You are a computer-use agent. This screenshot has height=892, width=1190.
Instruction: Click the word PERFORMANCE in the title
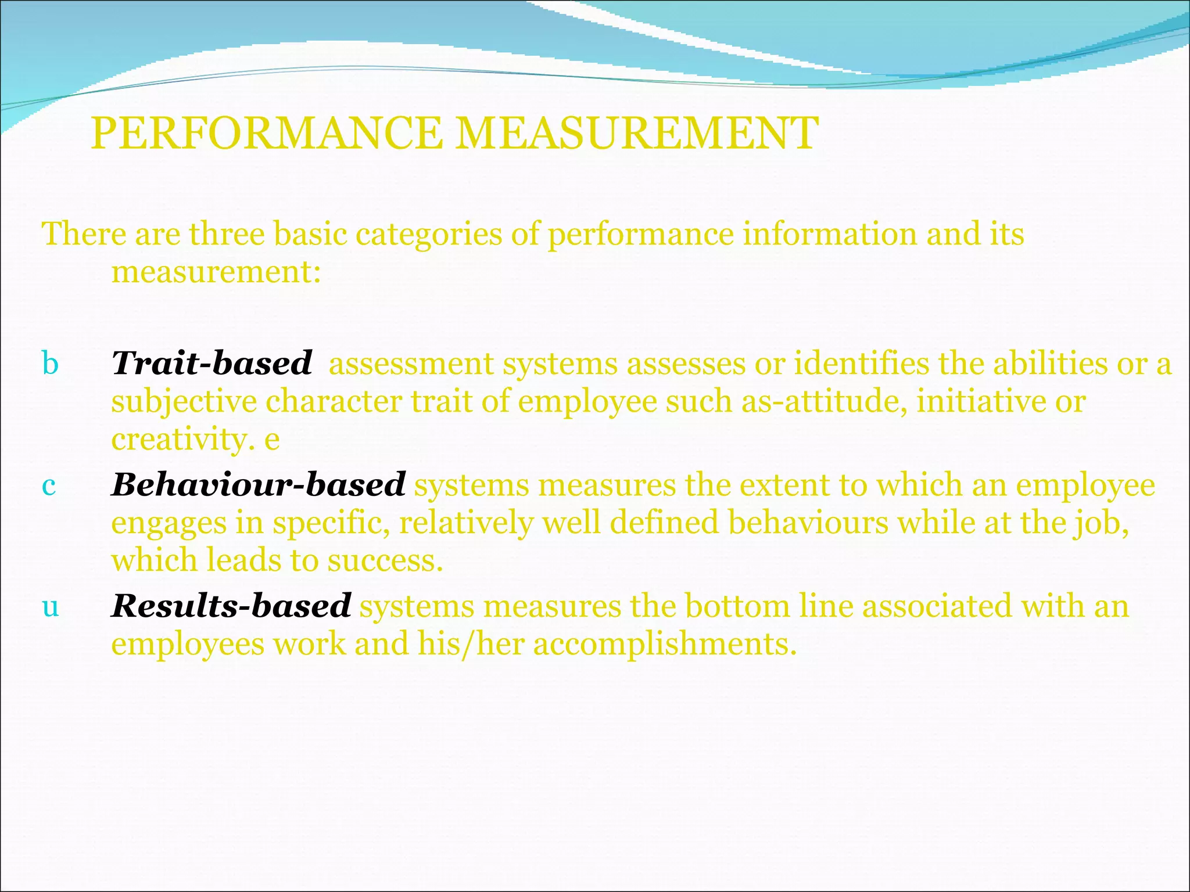[x=267, y=134]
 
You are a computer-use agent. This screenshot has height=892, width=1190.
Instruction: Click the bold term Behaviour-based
[x=258, y=485]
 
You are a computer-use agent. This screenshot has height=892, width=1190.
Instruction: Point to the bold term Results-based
[x=231, y=606]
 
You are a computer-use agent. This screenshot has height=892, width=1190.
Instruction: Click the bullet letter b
[x=51, y=364]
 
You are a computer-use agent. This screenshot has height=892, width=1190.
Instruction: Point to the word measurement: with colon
[x=216, y=272]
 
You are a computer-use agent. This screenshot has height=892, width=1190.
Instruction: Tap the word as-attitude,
[x=824, y=401]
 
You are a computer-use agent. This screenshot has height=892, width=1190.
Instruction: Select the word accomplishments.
[x=665, y=644]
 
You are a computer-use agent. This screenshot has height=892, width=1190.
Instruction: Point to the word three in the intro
[x=227, y=235]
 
